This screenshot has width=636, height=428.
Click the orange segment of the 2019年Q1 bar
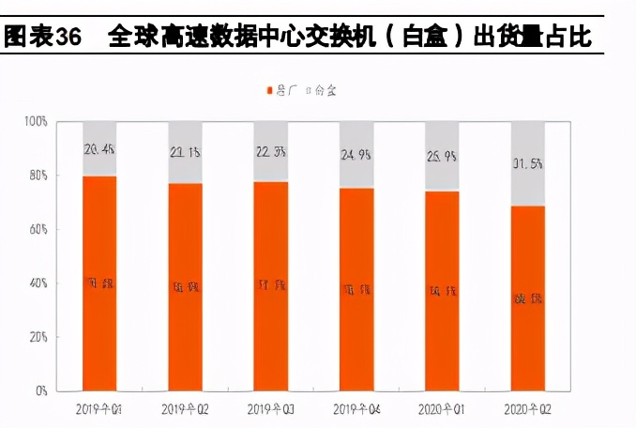click(99, 282)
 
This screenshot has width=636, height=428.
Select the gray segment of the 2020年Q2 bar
click(528, 163)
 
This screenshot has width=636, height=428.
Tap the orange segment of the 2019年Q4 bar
click(356, 288)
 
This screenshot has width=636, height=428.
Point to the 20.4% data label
click(99, 147)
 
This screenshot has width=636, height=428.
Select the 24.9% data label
click(356, 155)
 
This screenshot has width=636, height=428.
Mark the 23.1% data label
click(185, 152)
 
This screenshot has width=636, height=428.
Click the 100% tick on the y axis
click(35, 122)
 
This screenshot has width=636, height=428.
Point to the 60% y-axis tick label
click(37, 229)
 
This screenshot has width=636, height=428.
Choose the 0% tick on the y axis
click(39, 390)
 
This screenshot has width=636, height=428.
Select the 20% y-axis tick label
click(37, 336)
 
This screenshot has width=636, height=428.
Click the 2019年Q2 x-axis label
click(185, 410)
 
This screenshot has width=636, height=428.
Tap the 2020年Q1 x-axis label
click(442, 410)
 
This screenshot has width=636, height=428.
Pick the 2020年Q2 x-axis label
click(528, 410)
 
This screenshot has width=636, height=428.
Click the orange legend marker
click(269, 90)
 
